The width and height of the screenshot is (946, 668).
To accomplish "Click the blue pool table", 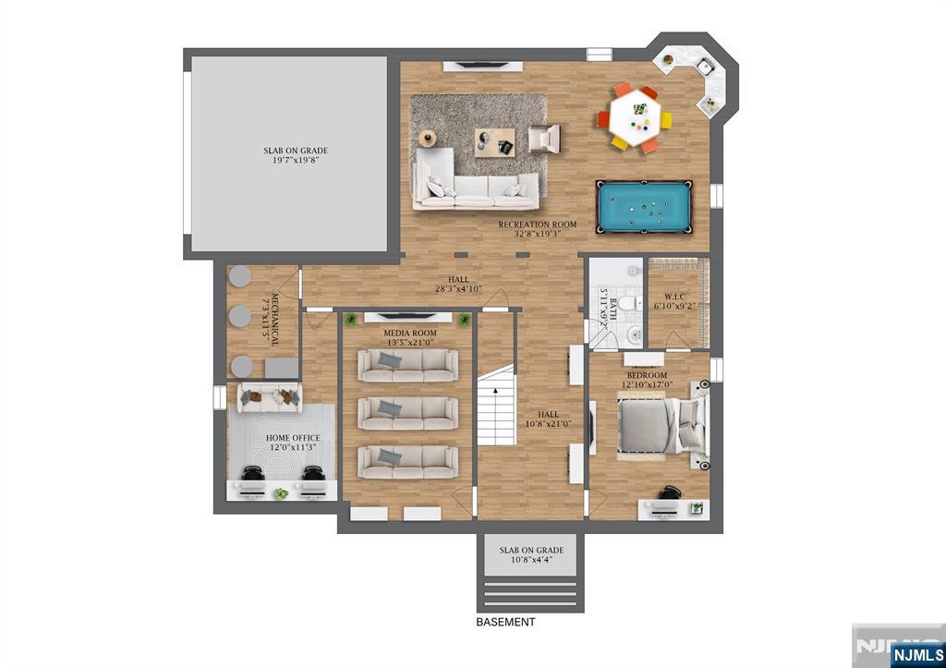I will tap(644, 207).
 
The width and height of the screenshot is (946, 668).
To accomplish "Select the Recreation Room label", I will tap(537, 229).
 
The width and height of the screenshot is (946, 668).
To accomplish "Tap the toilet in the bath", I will tap(628, 302).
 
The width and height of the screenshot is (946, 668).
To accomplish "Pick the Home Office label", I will tap(293, 443).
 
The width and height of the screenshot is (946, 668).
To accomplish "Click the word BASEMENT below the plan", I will tap(505, 623).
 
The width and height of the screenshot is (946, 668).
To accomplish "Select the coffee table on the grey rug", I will tap(492, 141).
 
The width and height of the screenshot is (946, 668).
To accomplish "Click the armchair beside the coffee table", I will tap(544, 139).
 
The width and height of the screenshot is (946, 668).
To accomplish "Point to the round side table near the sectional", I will tap(426, 139).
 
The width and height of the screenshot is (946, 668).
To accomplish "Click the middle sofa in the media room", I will tap(406, 412).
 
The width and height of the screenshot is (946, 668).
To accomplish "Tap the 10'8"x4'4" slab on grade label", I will tap(531, 554).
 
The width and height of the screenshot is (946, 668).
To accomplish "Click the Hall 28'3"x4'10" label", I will tap(459, 285).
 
